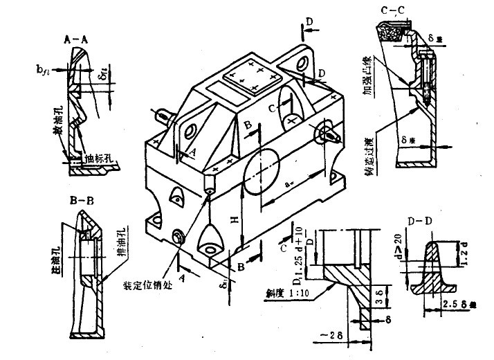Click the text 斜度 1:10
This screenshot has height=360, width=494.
pos(279,293)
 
